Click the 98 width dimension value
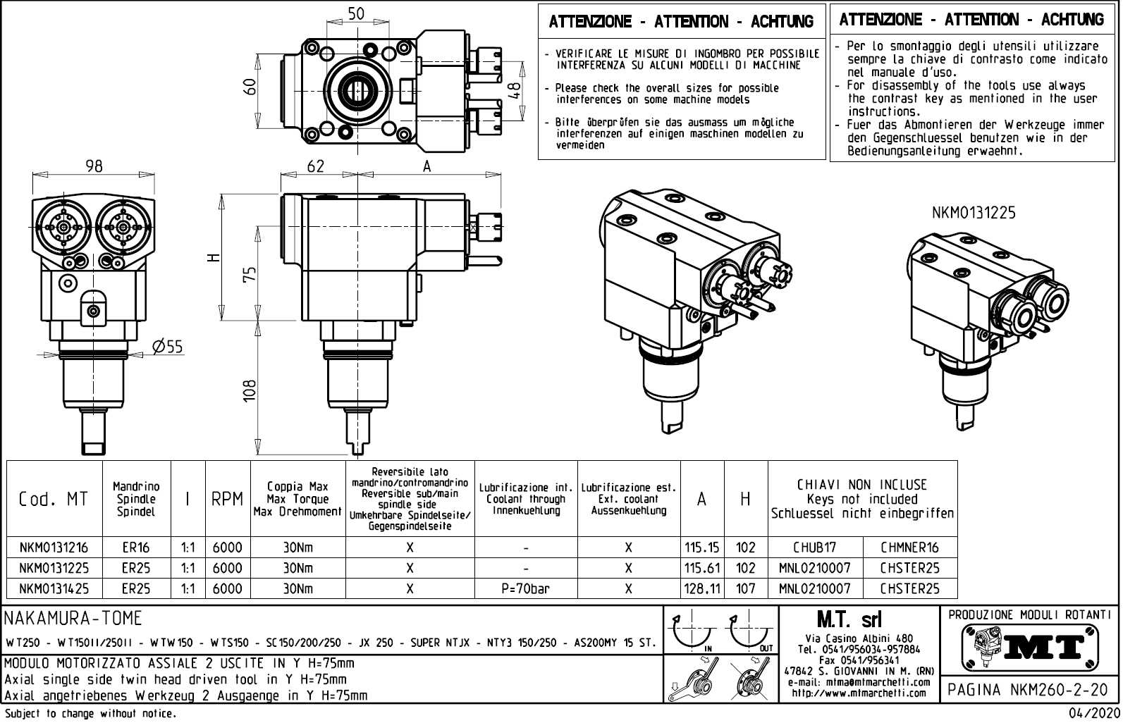click(x=94, y=166)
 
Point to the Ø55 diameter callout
click(x=167, y=346)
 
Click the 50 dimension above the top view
click(x=357, y=13)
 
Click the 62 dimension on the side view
click(x=316, y=166)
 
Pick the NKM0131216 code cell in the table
click(x=54, y=548)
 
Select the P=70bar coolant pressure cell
click(x=526, y=588)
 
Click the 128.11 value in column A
click(x=701, y=588)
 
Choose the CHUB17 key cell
click(x=814, y=548)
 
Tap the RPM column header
click(x=227, y=499)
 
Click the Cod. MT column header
click(x=54, y=499)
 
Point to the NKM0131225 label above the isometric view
click(x=974, y=213)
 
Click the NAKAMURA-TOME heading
click(x=73, y=619)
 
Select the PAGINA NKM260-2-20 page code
click(x=1028, y=689)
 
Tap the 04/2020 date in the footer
click(x=1093, y=714)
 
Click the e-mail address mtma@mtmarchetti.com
click(x=858, y=682)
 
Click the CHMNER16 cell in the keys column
click(x=909, y=548)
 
